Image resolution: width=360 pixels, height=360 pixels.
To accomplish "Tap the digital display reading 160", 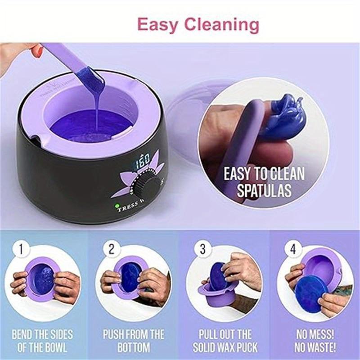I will (x=143, y=159).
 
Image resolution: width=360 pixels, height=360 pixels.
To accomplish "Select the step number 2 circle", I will (x=111, y=248).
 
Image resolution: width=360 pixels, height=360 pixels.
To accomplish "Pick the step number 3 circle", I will (x=202, y=248).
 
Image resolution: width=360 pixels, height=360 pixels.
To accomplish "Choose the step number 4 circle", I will (x=293, y=248).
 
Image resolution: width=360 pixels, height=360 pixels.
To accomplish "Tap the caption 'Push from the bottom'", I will (x=134, y=341).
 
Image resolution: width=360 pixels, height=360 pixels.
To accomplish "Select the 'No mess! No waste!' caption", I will (x=315, y=341).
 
